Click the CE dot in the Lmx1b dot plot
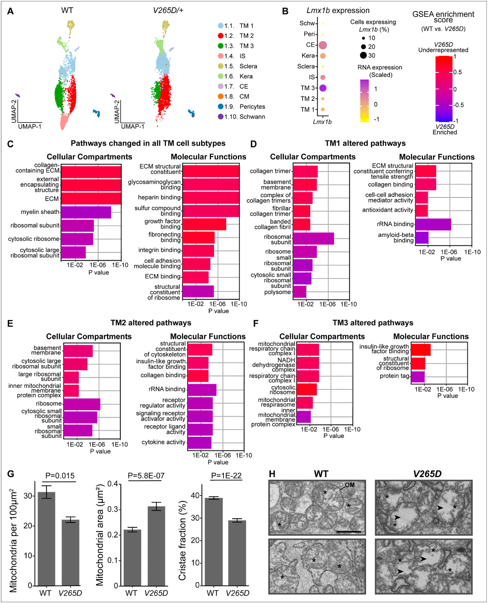323,45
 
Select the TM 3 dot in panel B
323,88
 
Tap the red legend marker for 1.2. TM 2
221,36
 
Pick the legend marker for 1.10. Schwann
221,117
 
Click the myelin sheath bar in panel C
86,212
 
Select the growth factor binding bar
204,224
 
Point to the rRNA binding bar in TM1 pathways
433,224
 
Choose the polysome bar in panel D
299,292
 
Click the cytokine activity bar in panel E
199,442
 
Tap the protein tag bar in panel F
418,377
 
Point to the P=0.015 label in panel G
60,476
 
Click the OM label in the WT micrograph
350,485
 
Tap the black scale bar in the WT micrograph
349,532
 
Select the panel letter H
272,474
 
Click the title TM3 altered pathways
373,323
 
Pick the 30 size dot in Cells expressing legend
364,55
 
